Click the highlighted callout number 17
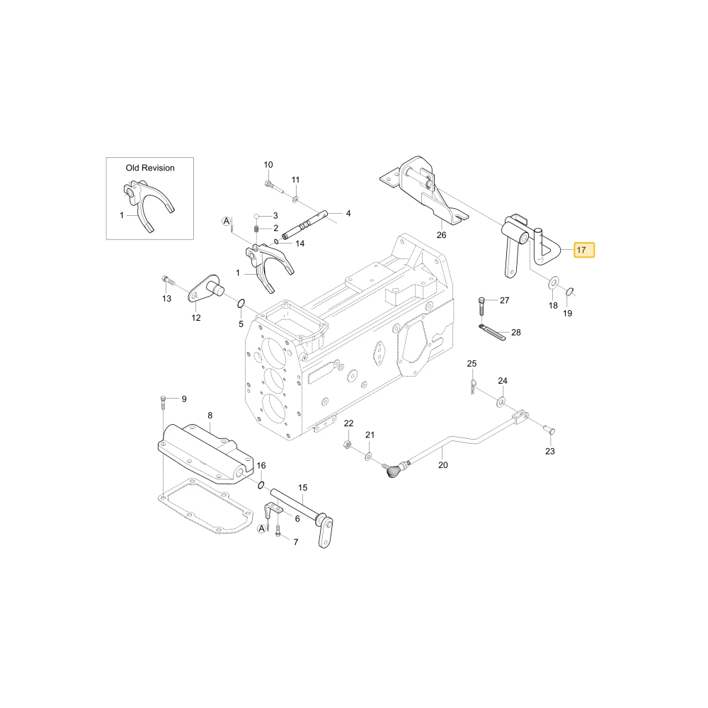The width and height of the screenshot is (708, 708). [x=581, y=250]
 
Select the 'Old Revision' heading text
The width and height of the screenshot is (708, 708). [x=150, y=168]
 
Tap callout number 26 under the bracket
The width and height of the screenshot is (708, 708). [x=441, y=235]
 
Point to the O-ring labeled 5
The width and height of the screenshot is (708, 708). [x=241, y=303]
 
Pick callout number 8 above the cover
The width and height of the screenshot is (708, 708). [x=210, y=416]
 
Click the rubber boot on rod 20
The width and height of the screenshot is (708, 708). [x=392, y=471]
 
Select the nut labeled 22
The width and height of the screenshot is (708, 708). [x=348, y=444]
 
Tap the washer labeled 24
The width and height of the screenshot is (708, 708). [x=501, y=401]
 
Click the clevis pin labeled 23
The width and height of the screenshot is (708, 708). [x=550, y=432]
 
